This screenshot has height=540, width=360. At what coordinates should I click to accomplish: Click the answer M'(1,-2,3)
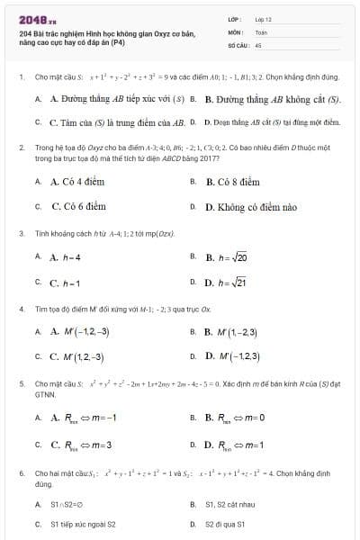click(x=236, y=331)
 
